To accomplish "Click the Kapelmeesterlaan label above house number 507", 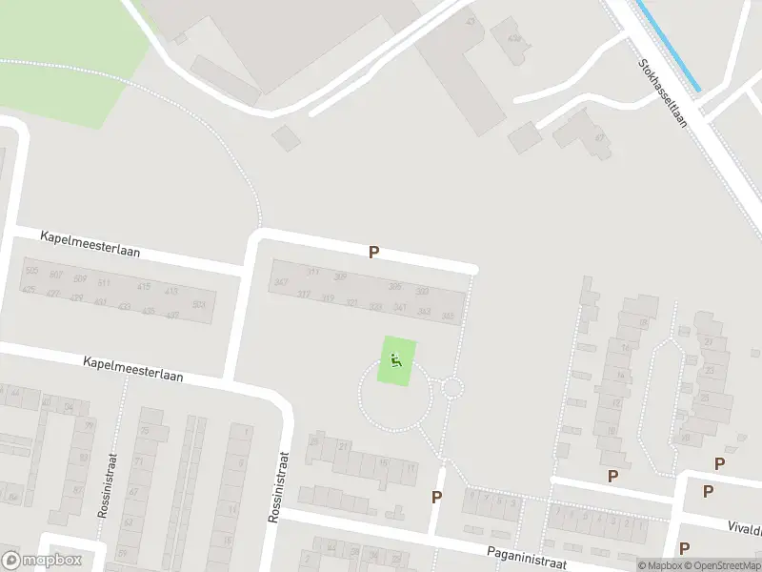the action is pos(90,243).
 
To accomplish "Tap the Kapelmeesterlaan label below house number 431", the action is pos(132,369).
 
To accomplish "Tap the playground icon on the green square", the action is pos(396,360).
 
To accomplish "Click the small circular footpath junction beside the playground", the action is pos(451,387).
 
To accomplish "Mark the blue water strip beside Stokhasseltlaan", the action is pos(668,46).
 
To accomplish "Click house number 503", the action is pos(198,305).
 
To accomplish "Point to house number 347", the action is pos(280,282).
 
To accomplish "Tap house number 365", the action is pos(447,316).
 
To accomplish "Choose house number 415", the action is pos(144,286).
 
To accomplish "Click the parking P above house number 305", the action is pos(374,253).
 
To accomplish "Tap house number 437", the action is pos(172,315).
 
